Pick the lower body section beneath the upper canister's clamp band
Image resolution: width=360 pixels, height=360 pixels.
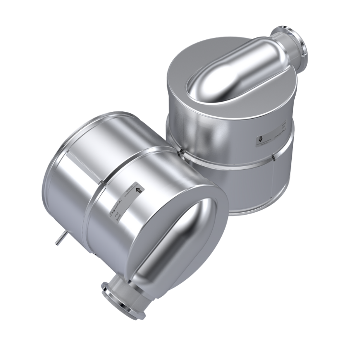250,192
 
